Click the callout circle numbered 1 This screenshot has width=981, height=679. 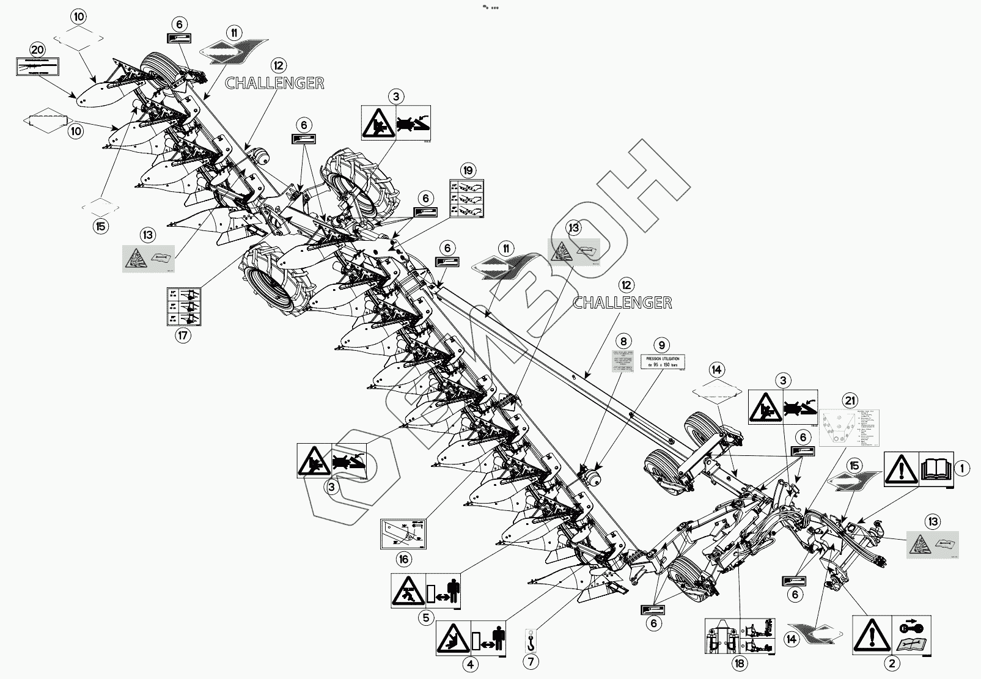(x=961, y=469)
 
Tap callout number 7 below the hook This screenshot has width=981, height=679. (x=531, y=661)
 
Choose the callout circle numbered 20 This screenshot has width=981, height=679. (x=37, y=50)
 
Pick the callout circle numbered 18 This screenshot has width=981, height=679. (x=740, y=664)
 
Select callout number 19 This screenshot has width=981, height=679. (x=468, y=169)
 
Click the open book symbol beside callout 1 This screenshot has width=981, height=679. (x=936, y=469)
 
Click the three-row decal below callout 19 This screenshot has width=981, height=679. (x=467, y=199)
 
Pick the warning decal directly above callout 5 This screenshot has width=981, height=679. (x=426, y=591)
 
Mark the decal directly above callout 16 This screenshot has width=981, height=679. (x=403, y=532)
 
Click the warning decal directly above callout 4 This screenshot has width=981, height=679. (x=471, y=637)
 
